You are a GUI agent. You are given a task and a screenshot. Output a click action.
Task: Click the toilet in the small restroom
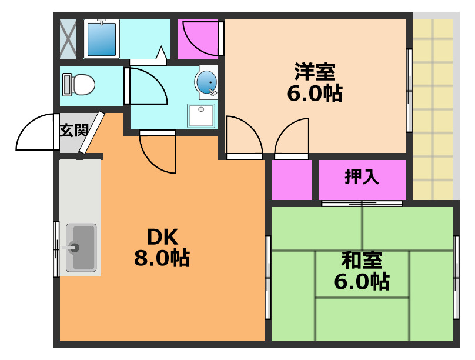tap(79, 84)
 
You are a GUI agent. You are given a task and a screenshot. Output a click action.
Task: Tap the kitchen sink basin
tap(81, 247)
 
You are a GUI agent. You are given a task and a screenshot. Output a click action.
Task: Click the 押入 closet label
tap(362, 177)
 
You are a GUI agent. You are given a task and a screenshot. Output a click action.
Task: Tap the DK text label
tap(161, 236)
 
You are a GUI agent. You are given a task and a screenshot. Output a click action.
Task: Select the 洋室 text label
tap(315, 72)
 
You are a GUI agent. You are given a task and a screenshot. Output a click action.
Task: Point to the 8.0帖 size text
tap(161, 258)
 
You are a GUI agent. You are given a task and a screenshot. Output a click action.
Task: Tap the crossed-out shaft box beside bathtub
tap(68, 38)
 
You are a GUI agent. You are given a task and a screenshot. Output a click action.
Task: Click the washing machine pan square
tap(202, 115)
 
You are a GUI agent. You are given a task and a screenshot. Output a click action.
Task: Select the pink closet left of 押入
tap(291, 179)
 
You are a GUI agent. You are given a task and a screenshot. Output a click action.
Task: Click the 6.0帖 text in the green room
tap(362, 282)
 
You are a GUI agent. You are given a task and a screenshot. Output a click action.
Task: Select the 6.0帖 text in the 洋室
tap(315, 94)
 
